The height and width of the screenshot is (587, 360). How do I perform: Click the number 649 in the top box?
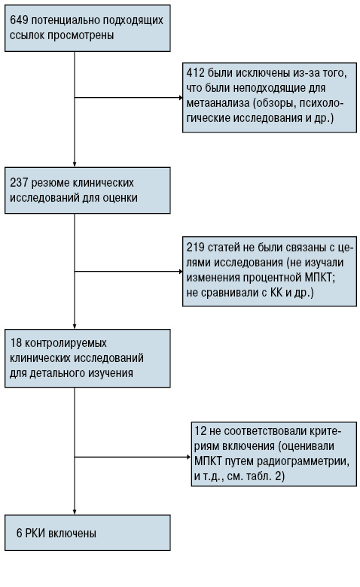[x=19, y=20]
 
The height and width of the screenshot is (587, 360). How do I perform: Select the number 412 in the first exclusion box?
[x=195, y=73]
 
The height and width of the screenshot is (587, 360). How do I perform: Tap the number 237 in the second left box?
[x=19, y=183]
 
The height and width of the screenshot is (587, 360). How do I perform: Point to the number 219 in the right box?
[x=196, y=247]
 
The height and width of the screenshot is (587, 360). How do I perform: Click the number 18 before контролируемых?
[x=16, y=342]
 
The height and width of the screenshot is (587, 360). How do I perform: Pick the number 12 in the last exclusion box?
[x=201, y=431]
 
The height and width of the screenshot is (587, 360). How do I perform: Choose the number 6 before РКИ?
[x=19, y=533]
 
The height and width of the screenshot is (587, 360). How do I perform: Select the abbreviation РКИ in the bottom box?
[x=35, y=533]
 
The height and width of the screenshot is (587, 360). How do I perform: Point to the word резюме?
[x=50, y=183]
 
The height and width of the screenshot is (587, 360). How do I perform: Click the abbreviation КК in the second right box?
[x=276, y=293]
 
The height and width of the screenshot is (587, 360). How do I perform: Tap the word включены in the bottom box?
[x=72, y=533]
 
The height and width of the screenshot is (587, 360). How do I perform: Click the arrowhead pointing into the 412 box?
[x=181, y=98]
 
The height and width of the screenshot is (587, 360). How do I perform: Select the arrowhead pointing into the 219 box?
[x=181, y=272]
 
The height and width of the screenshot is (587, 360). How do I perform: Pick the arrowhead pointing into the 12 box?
[x=189, y=457]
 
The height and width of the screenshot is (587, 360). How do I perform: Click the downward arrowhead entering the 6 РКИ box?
[x=75, y=512]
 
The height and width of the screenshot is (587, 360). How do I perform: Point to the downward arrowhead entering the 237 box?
[x=75, y=164]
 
